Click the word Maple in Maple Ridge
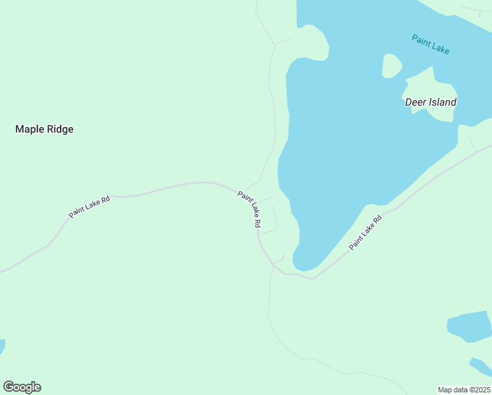click(x=29, y=130)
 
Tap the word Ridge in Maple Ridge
click(x=59, y=130)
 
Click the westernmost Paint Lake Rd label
click(x=89, y=206)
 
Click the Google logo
click(x=22, y=387)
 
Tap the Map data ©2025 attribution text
click(x=464, y=390)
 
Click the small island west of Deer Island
click(x=391, y=65)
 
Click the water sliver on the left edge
click(x=2, y=346)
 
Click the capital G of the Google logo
click(x=9, y=386)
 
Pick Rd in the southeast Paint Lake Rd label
click(x=377, y=220)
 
